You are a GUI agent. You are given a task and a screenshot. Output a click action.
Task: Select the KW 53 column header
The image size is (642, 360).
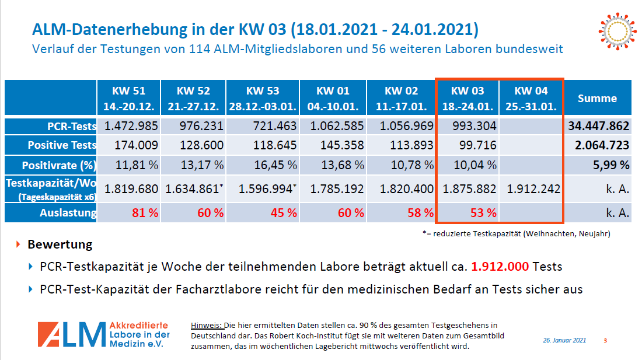click(x=263, y=98)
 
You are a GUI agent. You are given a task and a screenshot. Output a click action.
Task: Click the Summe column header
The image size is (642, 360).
click(x=597, y=99)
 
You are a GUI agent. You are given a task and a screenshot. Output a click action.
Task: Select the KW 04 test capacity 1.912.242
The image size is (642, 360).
click(x=531, y=189)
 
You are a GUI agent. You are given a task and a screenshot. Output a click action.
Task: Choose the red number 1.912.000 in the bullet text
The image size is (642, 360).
click(x=500, y=267)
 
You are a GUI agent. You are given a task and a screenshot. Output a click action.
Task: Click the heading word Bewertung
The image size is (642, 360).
click(x=60, y=244)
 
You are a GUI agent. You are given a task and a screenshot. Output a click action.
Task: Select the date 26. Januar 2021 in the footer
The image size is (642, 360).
click(x=564, y=340)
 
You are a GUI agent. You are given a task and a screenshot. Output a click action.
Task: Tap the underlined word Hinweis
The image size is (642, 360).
click(x=207, y=325)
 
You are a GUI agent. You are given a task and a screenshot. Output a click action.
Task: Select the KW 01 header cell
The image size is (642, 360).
click(x=333, y=98)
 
